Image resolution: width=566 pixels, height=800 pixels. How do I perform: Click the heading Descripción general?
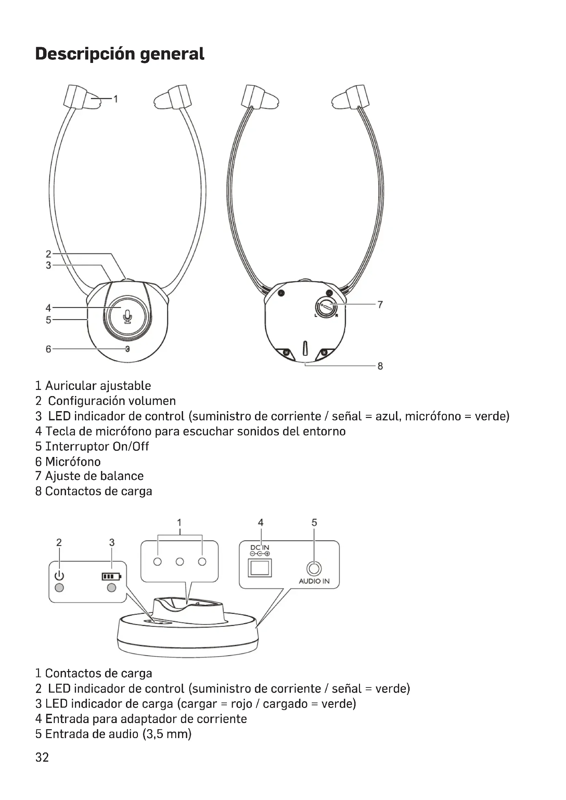point(119,54)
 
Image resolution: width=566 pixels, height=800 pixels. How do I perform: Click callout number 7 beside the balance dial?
point(380,304)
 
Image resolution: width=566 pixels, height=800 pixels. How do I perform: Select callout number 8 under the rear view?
point(380,366)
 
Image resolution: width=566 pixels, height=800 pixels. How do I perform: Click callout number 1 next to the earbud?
point(116,99)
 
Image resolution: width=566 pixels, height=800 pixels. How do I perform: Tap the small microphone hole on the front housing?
point(128,349)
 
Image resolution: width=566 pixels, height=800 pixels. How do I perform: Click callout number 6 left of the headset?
point(49,349)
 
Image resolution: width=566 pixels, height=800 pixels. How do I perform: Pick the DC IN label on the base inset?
point(260,548)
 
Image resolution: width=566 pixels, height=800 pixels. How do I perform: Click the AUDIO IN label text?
point(314,581)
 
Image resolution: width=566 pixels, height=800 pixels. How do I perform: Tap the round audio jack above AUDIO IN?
point(314,569)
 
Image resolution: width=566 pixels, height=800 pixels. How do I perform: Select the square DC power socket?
point(260,568)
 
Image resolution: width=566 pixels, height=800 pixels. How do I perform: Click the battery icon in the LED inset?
point(111,576)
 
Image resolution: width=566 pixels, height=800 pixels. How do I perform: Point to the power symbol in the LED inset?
point(59,576)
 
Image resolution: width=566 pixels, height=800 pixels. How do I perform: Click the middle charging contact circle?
point(180,562)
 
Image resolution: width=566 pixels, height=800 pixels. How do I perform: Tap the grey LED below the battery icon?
point(112,588)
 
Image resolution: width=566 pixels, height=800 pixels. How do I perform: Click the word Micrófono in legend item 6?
point(73,462)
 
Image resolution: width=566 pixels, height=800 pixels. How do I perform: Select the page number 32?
point(42,757)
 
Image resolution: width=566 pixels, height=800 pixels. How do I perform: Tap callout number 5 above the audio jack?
point(314,523)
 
